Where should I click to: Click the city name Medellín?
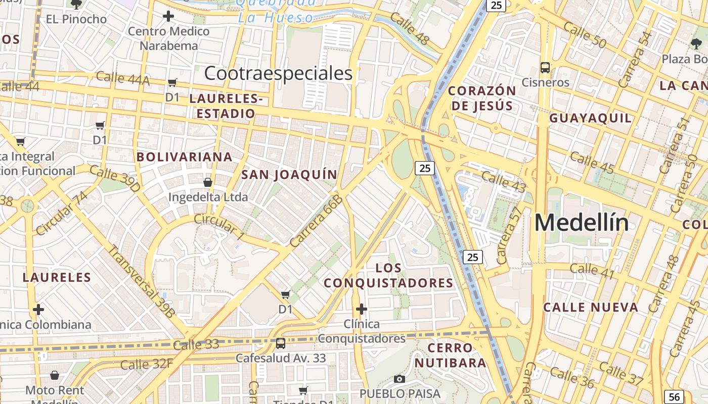pyautogui.click(x=582, y=223)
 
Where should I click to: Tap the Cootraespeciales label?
pyautogui.click(x=278, y=74)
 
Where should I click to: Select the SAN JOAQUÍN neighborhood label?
pyautogui.click(x=289, y=175)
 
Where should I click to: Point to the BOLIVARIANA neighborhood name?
pyautogui.click(x=185, y=157)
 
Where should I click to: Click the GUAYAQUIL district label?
pyautogui.click(x=591, y=119)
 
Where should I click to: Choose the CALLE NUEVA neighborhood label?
pyautogui.click(x=591, y=308)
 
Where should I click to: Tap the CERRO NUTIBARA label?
pyautogui.click(x=450, y=355)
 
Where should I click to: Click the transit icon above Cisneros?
pyautogui.click(x=545, y=67)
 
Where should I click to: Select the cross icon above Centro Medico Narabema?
pyautogui.click(x=168, y=17)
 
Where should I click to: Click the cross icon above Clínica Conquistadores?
pyautogui.click(x=361, y=309)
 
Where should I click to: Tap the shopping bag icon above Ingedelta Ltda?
pyautogui.click(x=207, y=182)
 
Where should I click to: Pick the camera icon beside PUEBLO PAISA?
pyautogui.click(x=399, y=379)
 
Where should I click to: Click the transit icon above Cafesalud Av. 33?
pyautogui.click(x=281, y=343)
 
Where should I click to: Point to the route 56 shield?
pyautogui.click(x=674, y=396)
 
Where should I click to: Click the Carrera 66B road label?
pyautogui.click(x=317, y=221)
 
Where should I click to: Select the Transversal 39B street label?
pyautogui.click(x=142, y=281)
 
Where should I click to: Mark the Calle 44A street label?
pyautogui.click(x=122, y=78)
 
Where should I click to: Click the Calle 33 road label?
pyautogui.click(x=196, y=345)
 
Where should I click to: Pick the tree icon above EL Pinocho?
pyautogui.click(x=76, y=5)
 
